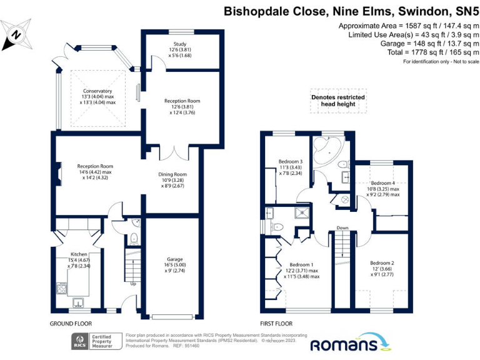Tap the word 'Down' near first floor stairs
[341, 228]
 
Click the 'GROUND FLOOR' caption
[71, 324]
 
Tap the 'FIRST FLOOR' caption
[276, 324]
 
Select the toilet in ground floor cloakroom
[135, 238]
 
